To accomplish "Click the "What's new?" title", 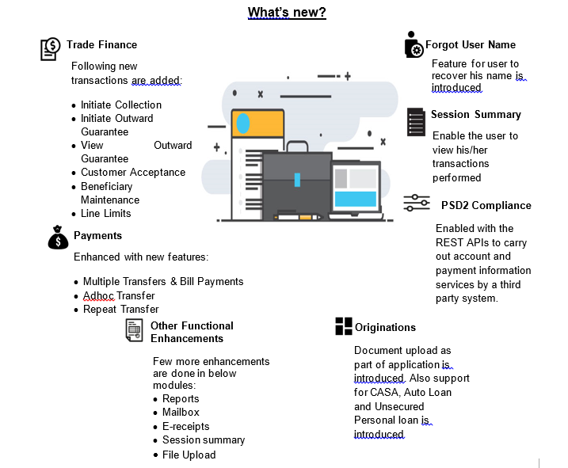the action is tap(287, 13).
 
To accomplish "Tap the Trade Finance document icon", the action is tap(50, 49).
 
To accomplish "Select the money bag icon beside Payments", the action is tap(58, 238).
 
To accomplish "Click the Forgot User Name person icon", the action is tap(414, 44).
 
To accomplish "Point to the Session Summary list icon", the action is tap(416, 122).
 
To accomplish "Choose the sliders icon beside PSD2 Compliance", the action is tap(417, 203).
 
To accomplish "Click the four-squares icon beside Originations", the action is tap(344, 326).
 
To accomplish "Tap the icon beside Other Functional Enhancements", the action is tap(134, 330).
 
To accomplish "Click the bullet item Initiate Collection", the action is tap(121, 105).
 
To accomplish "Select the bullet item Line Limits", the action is tap(106, 213).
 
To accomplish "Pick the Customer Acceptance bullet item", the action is tap(133, 173).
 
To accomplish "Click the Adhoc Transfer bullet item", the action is tap(119, 296).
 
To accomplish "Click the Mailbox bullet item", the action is tap(181, 413).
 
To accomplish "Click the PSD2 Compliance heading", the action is tap(486, 205).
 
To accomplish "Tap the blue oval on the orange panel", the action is tap(243, 124).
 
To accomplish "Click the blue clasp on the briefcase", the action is tap(297, 180).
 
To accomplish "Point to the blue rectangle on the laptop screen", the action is tap(356, 199).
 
